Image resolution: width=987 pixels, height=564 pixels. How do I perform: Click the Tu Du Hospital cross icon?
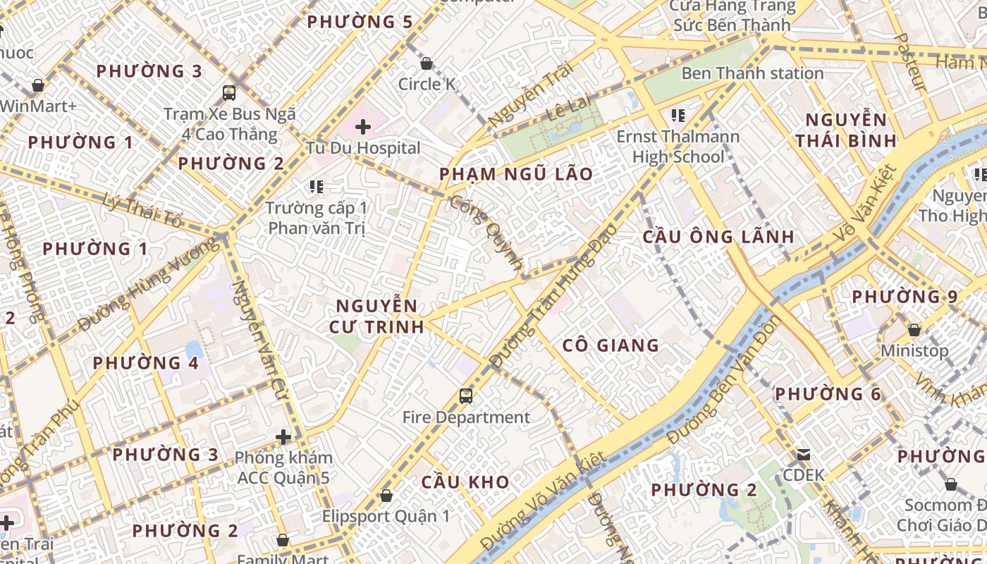coord(363,127)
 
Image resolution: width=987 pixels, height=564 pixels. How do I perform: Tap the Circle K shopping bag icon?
coord(427,64)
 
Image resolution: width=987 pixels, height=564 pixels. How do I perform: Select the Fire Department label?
coord(466,417)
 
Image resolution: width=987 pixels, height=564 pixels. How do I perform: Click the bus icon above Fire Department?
coord(466,396)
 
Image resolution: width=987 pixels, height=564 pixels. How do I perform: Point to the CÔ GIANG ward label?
coord(611,345)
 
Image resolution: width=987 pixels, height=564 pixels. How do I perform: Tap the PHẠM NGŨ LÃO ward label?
coord(516,174)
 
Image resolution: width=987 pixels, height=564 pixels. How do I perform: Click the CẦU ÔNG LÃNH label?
coord(718,237)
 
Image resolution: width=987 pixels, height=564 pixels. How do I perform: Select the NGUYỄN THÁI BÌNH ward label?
coord(846,130)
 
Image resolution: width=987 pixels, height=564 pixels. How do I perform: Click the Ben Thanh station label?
coord(752,73)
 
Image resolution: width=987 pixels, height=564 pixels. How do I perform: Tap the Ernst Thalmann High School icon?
coord(678,115)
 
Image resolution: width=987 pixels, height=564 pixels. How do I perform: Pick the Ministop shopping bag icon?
coord(914,330)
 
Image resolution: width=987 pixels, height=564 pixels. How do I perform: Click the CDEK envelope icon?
coord(804,455)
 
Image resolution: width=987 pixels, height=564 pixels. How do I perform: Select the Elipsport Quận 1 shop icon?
coord(386,496)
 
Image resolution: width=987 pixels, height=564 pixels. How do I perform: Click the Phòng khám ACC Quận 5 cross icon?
coord(283,437)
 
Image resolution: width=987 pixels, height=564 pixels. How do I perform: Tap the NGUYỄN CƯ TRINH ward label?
coord(376,316)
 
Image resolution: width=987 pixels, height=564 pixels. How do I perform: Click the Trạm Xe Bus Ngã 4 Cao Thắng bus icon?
coord(229,92)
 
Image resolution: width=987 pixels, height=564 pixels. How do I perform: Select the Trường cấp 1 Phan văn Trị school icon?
coord(317,187)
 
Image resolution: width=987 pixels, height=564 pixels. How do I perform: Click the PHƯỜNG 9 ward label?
coord(905,297)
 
